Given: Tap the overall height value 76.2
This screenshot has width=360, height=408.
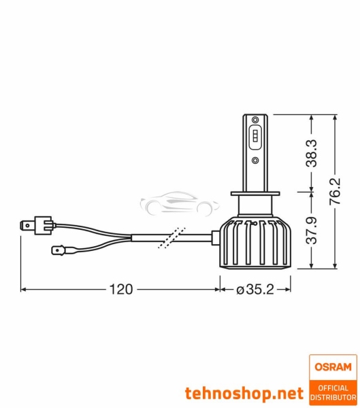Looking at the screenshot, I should pos(336,193).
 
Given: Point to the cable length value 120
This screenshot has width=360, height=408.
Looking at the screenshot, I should pos(120,289).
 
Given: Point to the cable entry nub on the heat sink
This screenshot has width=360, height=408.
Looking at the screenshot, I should pos(214,237).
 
